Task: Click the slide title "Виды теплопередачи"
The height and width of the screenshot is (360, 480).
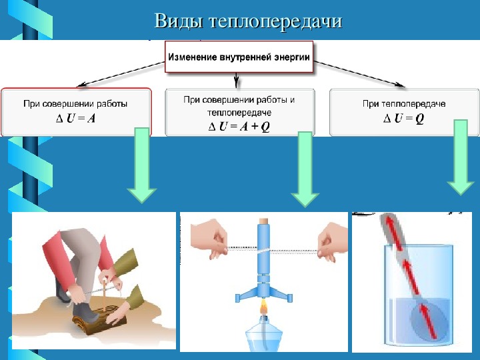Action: (x=248, y=21)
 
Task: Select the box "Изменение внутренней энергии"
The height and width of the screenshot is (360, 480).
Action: (x=239, y=57)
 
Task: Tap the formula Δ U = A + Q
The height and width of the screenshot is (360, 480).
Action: (x=239, y=127)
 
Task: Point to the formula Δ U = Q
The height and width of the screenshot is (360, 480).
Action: (x=404, y=118)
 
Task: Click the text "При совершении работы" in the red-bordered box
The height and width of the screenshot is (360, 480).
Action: (x=75, y=104)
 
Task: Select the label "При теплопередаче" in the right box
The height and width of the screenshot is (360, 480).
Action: (x=404, y=104)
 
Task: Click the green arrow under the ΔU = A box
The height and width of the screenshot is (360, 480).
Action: (x=142, y=165)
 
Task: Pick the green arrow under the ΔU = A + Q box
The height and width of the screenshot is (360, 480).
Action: (x=305, y=169)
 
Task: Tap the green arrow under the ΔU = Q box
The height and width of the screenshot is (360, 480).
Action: (x=461, y=157)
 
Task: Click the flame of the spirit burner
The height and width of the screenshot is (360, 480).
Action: (x=263, y=307)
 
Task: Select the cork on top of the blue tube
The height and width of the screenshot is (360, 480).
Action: (x=264, y=221)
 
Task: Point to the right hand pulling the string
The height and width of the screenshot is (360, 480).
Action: (x=332, y=242)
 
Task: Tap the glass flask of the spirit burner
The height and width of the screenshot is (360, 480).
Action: (x=264, y=335)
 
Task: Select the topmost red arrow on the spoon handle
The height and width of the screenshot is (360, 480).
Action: (x=394, y=231)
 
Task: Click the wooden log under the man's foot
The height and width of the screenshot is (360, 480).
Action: (x=99, y=321)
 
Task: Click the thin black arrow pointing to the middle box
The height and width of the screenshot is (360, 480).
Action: (x=236, y=80)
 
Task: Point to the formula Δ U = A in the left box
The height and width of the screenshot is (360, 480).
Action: (x=75, y=119)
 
